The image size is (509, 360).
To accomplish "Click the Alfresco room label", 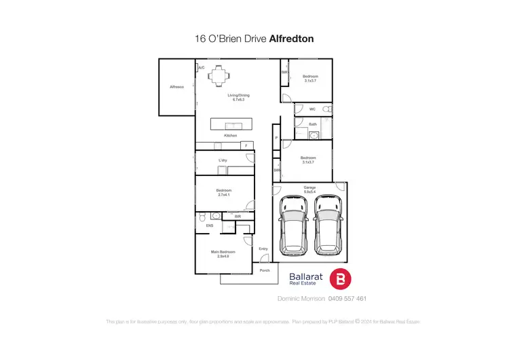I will (x=177, y=87).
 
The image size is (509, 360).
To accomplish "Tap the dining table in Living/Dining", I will (x=219, y=75).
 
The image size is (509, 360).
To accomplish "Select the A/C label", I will (x=202, y=68).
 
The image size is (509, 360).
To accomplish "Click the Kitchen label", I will (x=231, y=136).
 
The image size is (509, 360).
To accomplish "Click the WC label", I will (x=312, y=109).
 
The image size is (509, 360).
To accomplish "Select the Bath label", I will (x=312, y=124).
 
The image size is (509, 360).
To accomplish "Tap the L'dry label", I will (x=222, y=160).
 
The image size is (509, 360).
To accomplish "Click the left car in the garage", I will (x=294, y=226).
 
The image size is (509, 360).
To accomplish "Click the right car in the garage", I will (x=328, y=226).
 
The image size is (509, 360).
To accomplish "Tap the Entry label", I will (x=263, y=249).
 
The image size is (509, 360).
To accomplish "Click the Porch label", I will (x=265, y=270).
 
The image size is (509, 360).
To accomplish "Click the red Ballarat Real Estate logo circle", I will (x=340, y=279).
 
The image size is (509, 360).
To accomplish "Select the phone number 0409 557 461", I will (x=347, y=298).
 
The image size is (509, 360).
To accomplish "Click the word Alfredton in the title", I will (x=291, y=39).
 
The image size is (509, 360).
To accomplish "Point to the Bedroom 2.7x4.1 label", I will (x=224, y=192).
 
